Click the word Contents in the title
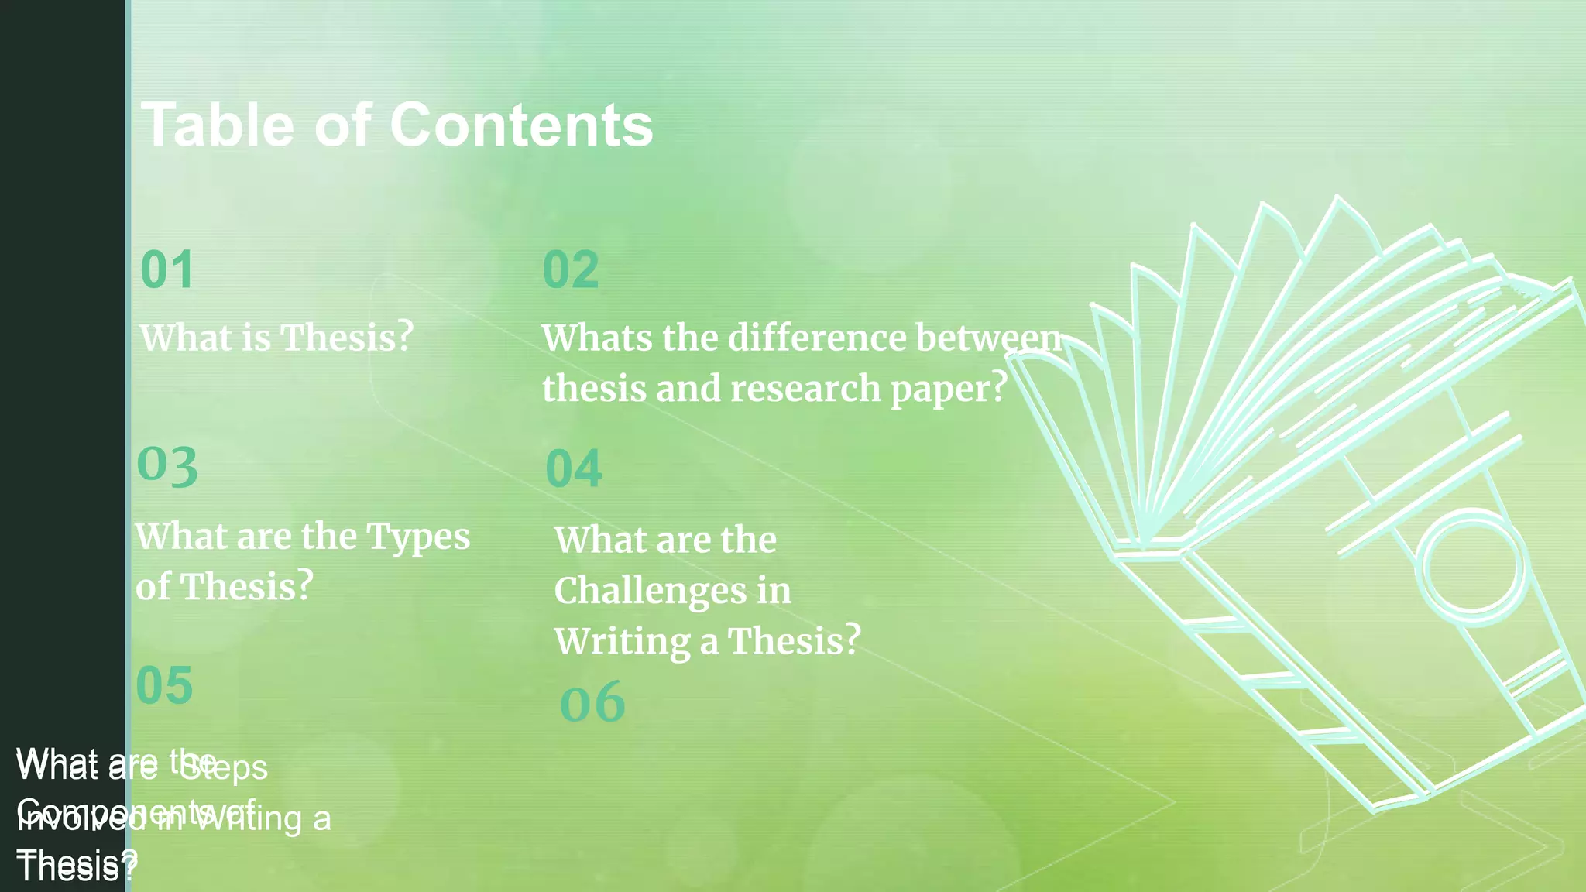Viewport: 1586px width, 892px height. coord(520,125)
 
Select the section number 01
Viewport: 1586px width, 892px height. coord(167,270)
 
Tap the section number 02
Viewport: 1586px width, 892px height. coord(571,270)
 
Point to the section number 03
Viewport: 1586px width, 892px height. coord(167,466)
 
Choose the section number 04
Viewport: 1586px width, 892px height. coord(573,468)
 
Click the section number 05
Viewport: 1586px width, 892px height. coord(164,686)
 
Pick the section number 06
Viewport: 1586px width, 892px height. coord(592,702)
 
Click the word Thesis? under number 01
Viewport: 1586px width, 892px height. coord(346,338)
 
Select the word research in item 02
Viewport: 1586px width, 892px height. coord(805,388)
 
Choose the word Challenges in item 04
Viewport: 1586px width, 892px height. coord(651,591)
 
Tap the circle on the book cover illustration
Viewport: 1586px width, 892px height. coord(1471,565)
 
